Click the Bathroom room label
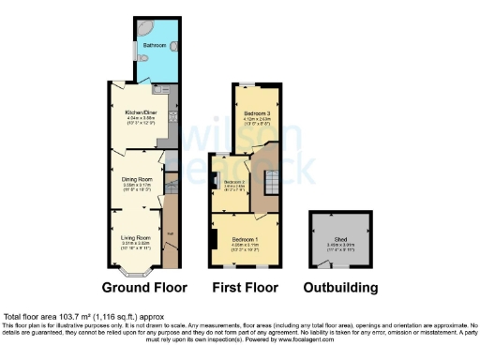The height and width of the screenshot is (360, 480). tap(153, 45)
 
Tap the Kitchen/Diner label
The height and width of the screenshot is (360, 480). tap(139, 112)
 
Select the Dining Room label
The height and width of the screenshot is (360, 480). tap(138, 179)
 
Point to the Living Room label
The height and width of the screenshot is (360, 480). tap(136, 238)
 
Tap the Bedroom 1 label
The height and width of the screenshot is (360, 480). tap(246, 240)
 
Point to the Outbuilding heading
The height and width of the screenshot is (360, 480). tap(341, 287)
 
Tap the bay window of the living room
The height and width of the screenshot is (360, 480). tap(136, 273)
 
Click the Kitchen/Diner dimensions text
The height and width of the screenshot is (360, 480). tap(139, 120)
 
